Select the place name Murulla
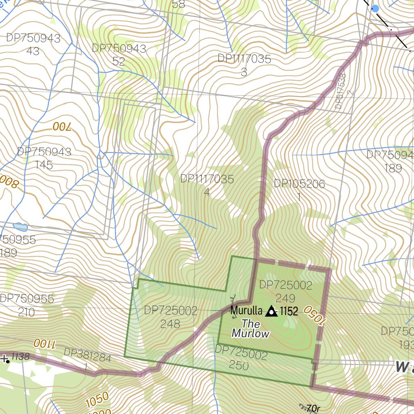[246, 311]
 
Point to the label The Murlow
[251, 329]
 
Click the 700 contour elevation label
[61, 127]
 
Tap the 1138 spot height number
[20, 357]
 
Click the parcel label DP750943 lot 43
[33, 44]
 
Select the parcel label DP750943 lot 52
[119, 55]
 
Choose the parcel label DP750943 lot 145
[44, 158]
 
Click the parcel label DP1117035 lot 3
[244, 65]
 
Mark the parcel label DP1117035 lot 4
[207, 185]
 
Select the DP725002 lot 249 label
[286, 291]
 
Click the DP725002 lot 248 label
[170, 317]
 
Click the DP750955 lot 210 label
[27, 305]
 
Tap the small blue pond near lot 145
[20, 227]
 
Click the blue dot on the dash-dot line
[375, 8]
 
